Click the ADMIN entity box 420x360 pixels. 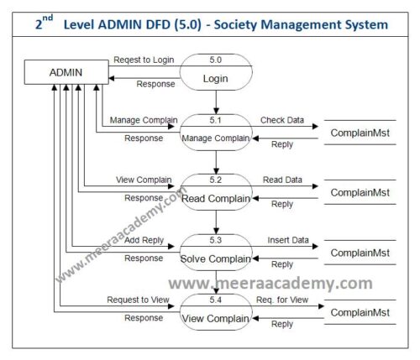point(66,72)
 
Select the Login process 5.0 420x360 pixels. point(216,72)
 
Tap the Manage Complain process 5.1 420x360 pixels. point(216,133)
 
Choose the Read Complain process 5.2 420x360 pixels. point(216,192)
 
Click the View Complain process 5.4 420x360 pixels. point(216,312)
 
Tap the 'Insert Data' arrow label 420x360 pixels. point(286,240)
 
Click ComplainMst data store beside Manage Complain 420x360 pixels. point(360,133)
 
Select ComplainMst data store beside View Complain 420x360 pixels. point(360,312)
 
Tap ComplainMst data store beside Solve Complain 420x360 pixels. point(360,253)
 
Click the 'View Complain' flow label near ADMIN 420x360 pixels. point(144,180)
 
